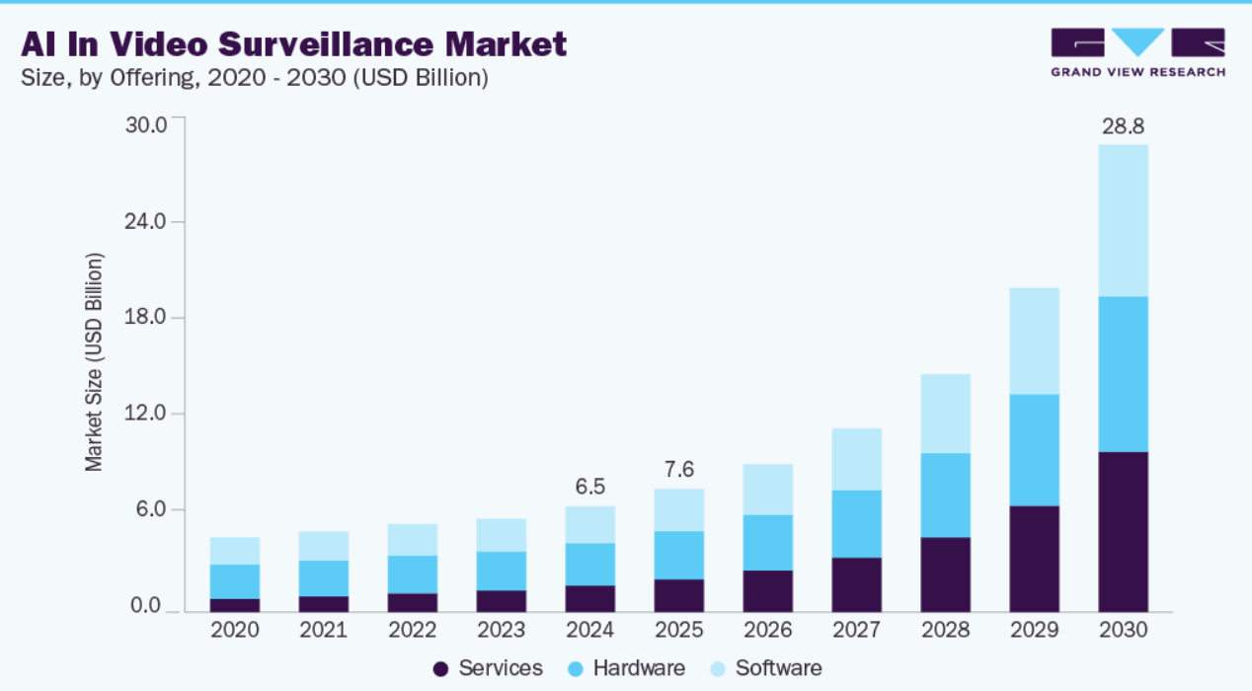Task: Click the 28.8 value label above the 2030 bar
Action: point(1124,127)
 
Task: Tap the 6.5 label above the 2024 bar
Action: point(590,487)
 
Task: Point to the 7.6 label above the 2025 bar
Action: point(679,469)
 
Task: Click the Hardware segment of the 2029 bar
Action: point(1035,450)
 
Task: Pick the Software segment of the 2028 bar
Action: point(946,414)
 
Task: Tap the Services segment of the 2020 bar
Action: point(235,605)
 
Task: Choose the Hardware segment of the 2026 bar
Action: point(768,542)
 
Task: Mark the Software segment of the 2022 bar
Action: point(413,539)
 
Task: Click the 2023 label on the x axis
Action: point(502,630)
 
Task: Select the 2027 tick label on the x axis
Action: point(857,630)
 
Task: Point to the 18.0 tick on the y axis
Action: point(145,317)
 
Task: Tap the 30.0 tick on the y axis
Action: point(145,124)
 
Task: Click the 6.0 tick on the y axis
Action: point(151,509)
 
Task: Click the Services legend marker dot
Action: point(441,669)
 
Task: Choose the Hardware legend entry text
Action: point(639,668)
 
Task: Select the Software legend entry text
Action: point(778,668)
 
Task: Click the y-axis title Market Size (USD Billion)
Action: point(94,362)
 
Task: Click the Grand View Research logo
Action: point(1137,52)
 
